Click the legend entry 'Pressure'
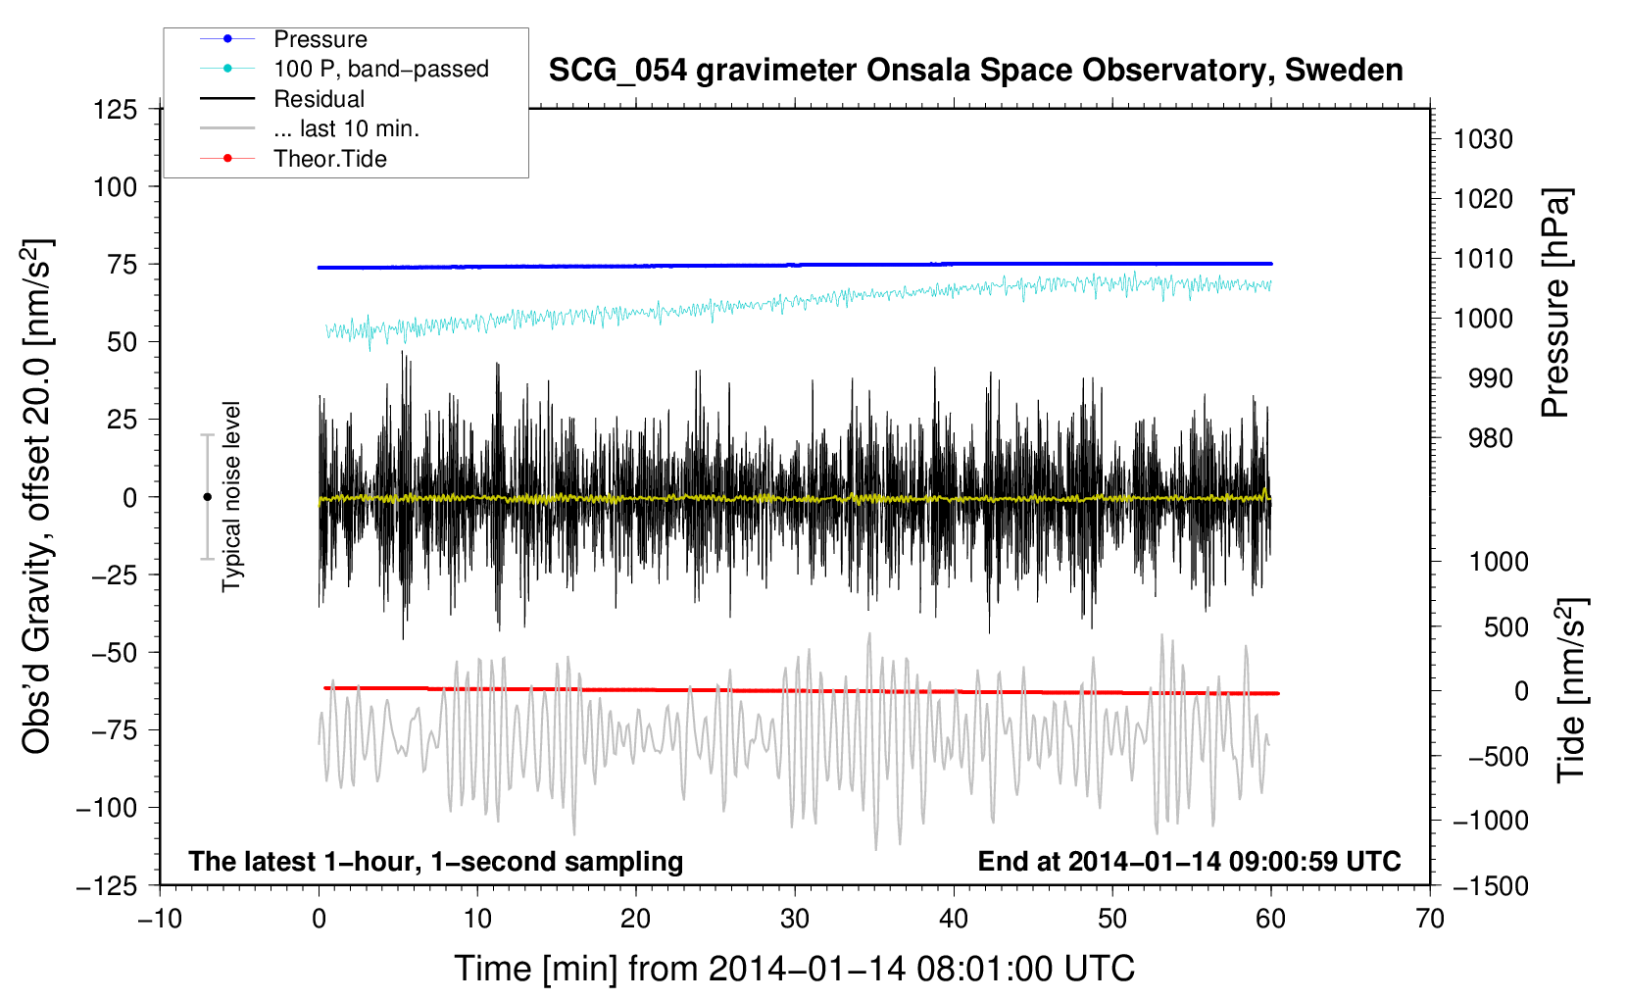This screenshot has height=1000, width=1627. pos(320,39)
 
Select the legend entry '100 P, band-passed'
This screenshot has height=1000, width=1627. pos(381,69)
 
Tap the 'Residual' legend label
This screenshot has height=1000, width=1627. pos(319,99)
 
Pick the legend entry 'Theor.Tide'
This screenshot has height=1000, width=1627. pos(329,159)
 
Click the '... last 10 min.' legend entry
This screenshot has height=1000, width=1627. pos(346,128)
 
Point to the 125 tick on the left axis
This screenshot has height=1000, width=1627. pos(115,110)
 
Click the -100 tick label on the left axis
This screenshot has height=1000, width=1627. pos(107,808)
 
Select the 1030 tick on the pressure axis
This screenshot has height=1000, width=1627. pos(1483,139)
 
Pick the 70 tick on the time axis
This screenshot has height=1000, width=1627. pos(1429,919)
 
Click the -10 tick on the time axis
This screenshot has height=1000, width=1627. pos(160,919)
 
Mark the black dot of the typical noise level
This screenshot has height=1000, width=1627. pos(207,497)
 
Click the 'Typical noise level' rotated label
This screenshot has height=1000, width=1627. pos(231,497)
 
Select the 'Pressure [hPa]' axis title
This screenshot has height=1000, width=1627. pos(1555,303)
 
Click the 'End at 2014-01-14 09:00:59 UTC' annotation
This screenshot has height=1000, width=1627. pos(1189,861)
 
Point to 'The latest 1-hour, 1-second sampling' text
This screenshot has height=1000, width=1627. pos(436,862)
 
